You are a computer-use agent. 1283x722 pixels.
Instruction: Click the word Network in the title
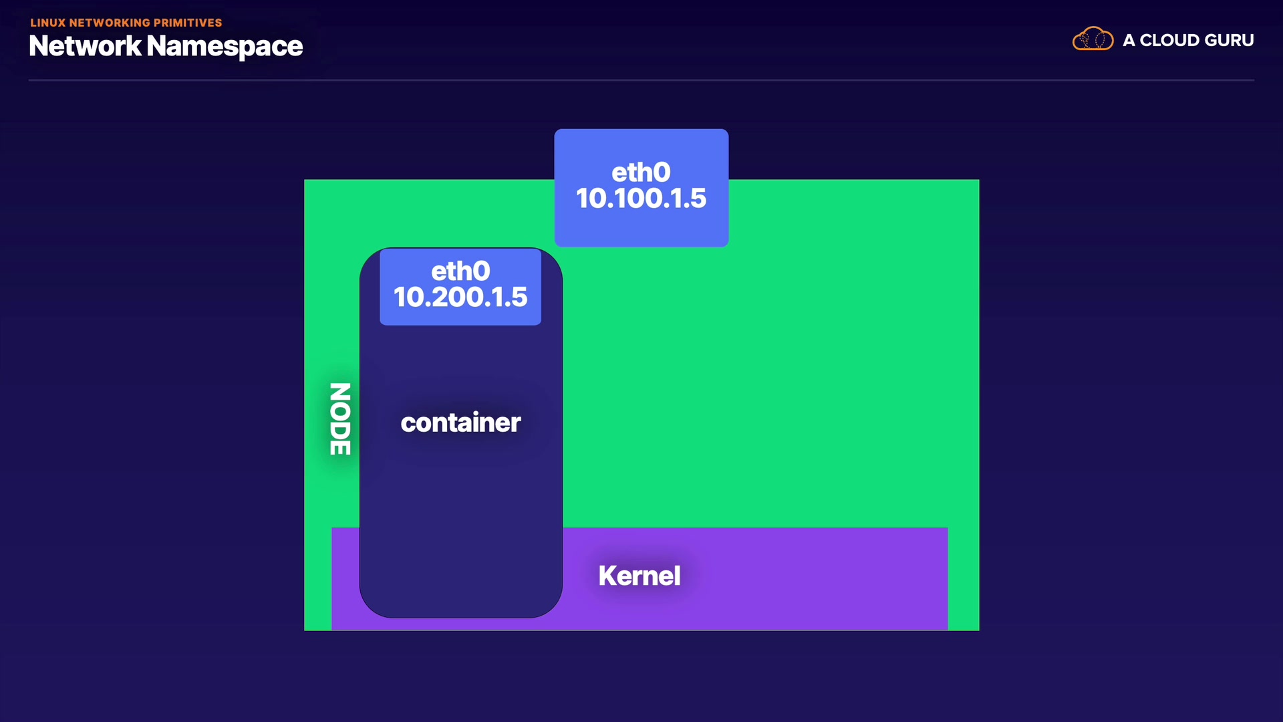(x=85, y=46)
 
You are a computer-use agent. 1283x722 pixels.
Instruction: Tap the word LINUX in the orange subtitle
(x=48, y=23)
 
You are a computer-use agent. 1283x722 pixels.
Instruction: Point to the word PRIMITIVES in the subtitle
(x=188, y=23)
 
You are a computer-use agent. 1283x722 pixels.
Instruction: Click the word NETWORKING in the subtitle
(x=110, y=23)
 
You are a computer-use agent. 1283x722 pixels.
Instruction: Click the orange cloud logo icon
(x=1093, y=39)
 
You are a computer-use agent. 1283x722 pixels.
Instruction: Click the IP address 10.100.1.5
(x=641, y=198)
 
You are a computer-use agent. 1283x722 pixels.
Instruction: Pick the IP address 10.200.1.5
(x=460, y=297)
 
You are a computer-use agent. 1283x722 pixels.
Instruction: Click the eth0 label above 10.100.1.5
(x=641, y=172)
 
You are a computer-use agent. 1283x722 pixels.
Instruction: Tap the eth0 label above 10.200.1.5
(x=460, y=271)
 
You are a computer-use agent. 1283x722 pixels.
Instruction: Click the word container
(x=460, y=423)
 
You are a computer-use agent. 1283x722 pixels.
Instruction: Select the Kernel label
(x=639, y=576)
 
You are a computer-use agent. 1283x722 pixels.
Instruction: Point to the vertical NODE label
(x=340, y=418)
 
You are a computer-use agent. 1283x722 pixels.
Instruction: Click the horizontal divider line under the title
(x=641, y=80)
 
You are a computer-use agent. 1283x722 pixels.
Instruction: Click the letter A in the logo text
(x=1129, y=40)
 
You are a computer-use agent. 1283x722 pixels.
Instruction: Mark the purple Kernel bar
(x=755, y=578)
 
